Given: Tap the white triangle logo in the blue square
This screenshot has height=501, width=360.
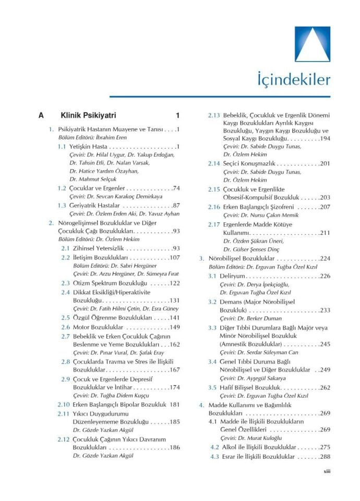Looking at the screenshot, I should pyautogui.click(x=313, y=45).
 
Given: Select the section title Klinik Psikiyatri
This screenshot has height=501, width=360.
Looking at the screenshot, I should pyautogui.click(x=88, y=115).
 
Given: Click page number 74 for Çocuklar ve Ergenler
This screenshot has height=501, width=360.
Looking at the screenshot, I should pyautogui.click(x=176, y=187).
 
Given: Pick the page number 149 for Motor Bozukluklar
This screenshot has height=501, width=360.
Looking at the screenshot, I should pyautogui.click(x=174, y=327).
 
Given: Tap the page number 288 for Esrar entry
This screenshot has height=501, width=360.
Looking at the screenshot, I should pyautogui.click(x=324, y=457).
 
